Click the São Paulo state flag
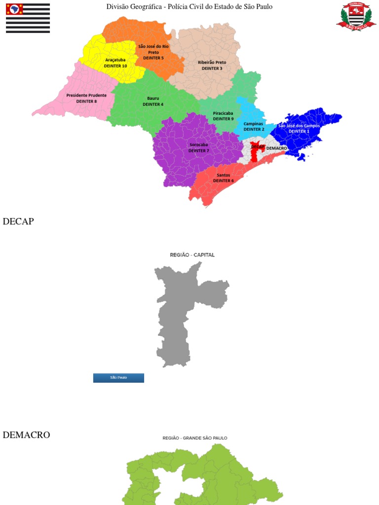(28, 18)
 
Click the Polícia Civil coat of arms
(356, 16)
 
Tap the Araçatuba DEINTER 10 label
(115, 63)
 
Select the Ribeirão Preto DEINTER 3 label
(212, 65)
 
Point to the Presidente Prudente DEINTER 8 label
(86, 98)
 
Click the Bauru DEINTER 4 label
(153, 101)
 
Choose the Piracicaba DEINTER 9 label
(223, 116)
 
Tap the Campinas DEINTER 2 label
(254, 126)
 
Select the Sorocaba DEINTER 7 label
(198, 147)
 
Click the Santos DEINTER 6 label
(223, 178)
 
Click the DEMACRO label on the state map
(276, 148)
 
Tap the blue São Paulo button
(118, 378)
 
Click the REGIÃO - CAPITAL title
(192, 255)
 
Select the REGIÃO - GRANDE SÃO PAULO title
(195, 438)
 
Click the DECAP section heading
(18, 221)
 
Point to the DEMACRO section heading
(26, 435)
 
